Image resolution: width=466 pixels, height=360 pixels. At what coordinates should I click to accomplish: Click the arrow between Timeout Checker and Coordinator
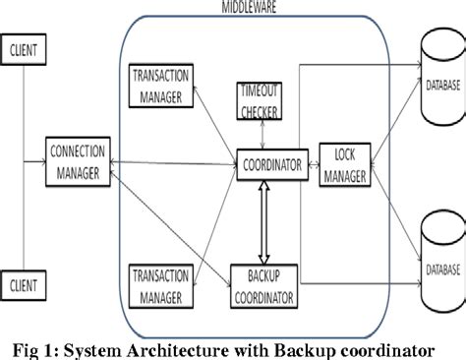coord(261,135)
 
